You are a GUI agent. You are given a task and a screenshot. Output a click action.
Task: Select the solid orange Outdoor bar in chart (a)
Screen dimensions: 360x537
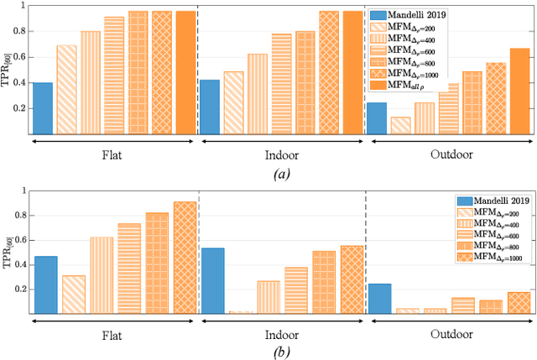(x=519, y=91)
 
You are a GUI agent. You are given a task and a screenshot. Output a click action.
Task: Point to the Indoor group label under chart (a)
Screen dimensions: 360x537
(x=282, y=155)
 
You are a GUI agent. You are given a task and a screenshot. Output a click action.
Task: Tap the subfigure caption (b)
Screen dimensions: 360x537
(x=282, y=352)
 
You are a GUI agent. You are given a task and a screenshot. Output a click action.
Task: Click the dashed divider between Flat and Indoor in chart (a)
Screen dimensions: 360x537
(x=198, y=71)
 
